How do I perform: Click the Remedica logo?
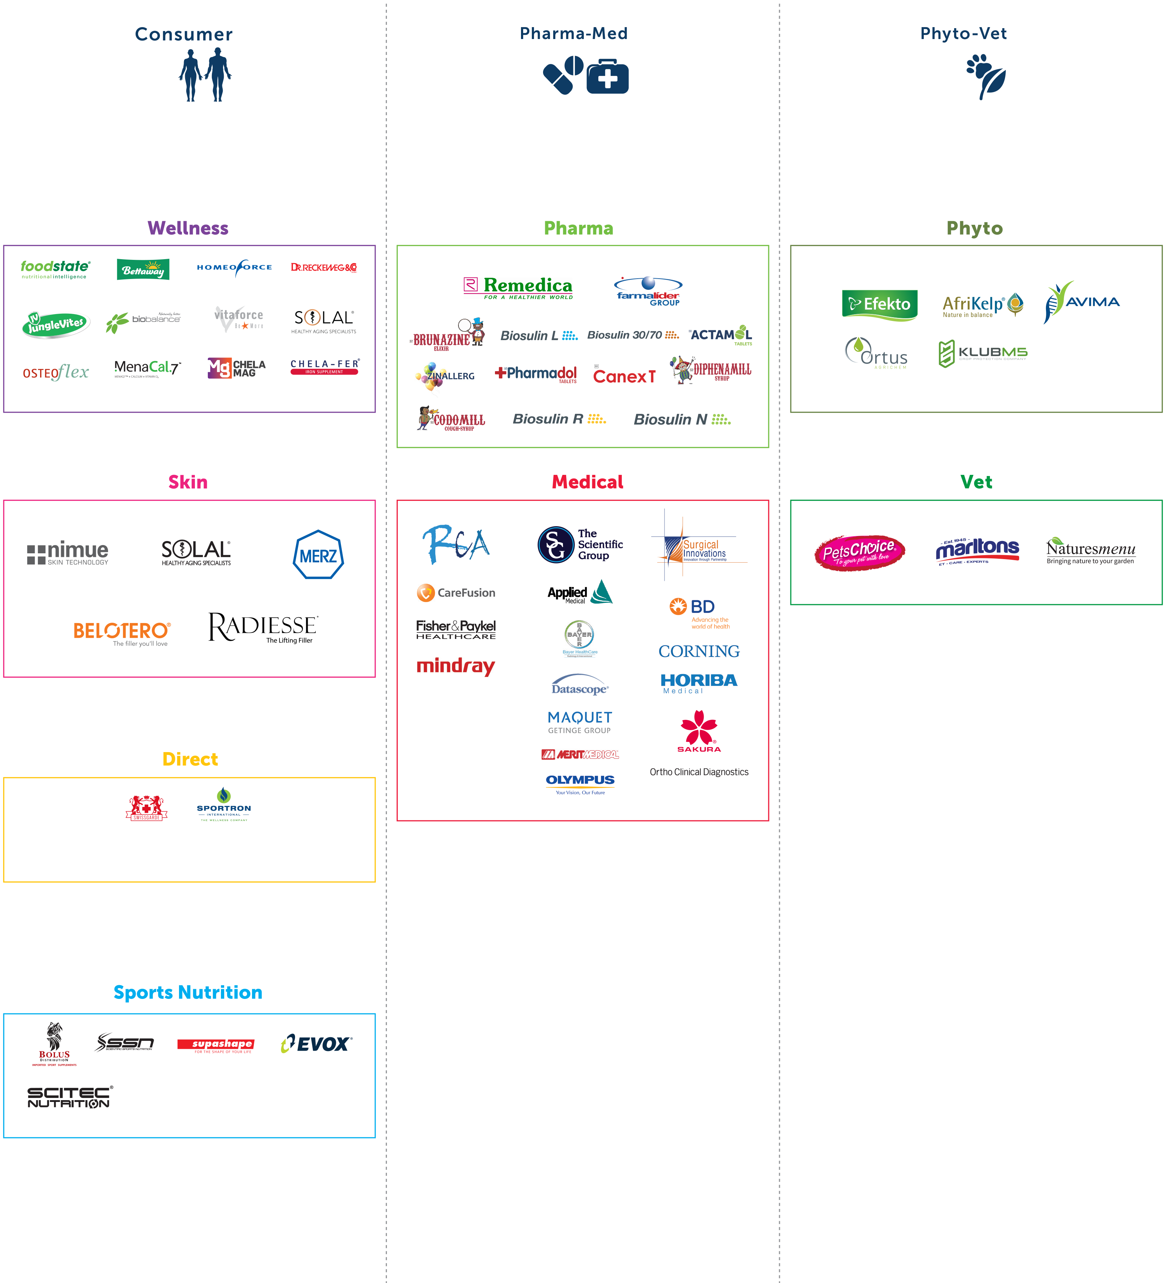pyautogui.click(x=518, y=288)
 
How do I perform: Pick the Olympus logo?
pyautogui.click(x=580, y=784)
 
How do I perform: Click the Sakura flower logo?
pyautogui.click(x=699, y=731)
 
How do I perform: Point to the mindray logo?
pyautogui.click(x=455, y=666)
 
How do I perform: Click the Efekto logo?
pyautogui.click(x=879, y=304)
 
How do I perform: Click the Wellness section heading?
pyautogui.click(x=188, y=228)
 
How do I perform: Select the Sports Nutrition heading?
pyautogui.click(x=188, y=992)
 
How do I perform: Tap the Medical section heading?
pyautogui.click(x=587, y=482)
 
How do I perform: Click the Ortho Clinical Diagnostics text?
pyautogui.click(x=699, y=772)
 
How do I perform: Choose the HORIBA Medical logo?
pyautogui.click(x=699, y=683)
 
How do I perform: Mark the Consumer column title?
pyautogui.click(x=184, y=34)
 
